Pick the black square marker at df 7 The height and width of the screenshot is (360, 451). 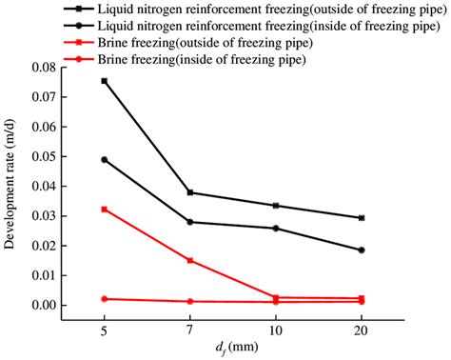190,192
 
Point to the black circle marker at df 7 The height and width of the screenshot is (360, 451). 190,222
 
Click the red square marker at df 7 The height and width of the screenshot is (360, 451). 190,260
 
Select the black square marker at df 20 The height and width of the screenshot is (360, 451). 362,218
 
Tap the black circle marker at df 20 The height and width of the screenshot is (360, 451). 362,250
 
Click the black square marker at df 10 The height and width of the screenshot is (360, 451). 276,206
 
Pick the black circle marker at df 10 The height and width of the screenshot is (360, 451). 276,229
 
